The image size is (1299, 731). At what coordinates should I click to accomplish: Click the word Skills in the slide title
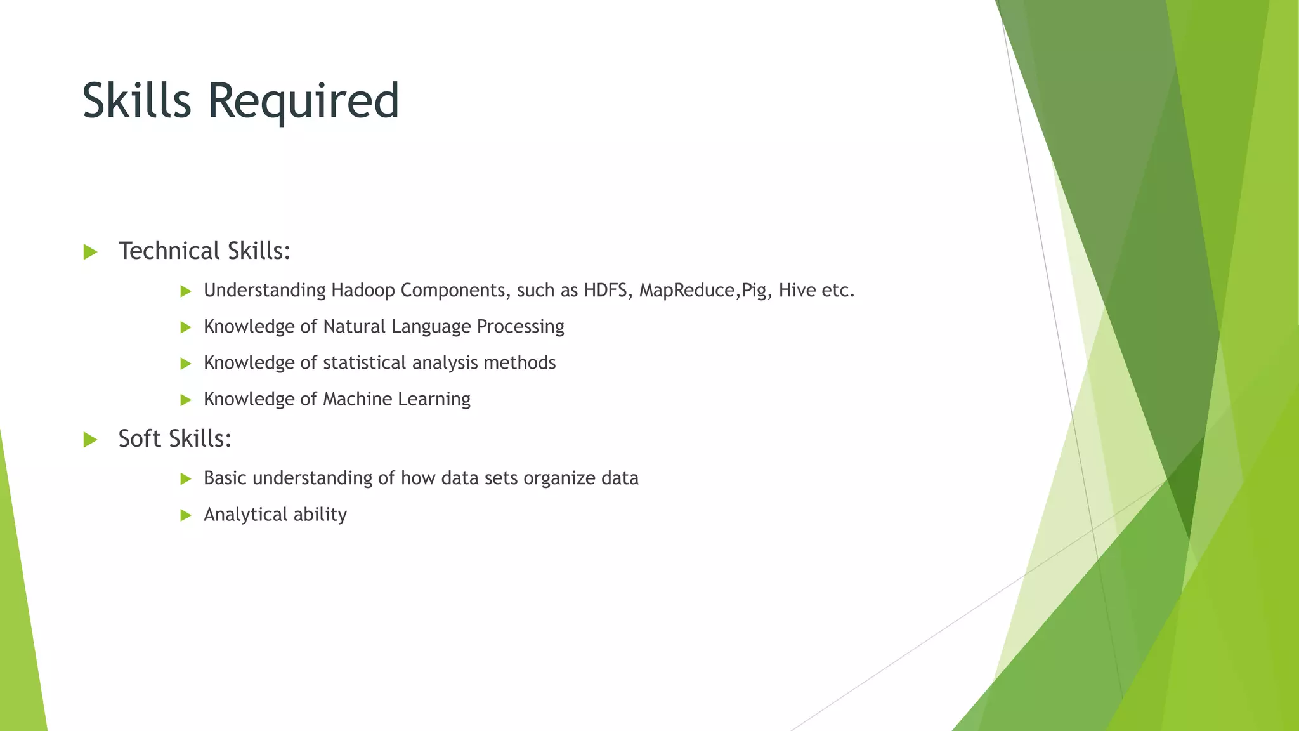click(136, 100)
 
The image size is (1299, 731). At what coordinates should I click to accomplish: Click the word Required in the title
click(303, 102)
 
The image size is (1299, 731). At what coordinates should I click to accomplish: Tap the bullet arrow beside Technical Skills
click(90, 253)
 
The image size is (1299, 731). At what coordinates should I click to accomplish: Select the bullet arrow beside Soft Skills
click(90, 440)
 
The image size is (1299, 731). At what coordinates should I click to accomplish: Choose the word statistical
click(364, 363)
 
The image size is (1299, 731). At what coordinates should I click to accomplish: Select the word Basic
click(225, 478)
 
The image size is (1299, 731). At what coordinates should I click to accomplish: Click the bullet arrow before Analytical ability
click(186, 515)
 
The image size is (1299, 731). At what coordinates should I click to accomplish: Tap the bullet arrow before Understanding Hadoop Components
click(186, 291)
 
